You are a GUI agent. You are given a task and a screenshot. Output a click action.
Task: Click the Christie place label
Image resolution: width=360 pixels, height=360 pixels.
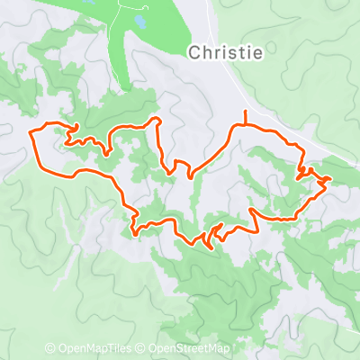[x=226, y=52]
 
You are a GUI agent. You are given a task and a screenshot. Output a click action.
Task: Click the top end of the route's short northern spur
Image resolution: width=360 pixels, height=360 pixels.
[x=245, y=110]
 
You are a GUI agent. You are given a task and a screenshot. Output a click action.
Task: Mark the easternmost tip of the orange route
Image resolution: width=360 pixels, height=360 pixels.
[x=332, y=179]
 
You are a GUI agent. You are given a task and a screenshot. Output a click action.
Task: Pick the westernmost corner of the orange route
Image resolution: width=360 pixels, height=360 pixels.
[x=31, y=134]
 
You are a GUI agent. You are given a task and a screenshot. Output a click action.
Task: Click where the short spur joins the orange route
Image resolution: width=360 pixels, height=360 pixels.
[x=245, y=125]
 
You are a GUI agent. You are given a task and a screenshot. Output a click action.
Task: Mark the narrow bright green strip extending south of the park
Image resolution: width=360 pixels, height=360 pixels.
[x=115, y=63]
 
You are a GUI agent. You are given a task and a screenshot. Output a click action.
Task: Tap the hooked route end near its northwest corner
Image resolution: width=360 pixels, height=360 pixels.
[x=76, y=127]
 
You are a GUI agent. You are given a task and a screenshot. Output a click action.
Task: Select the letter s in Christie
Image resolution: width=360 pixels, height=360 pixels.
[x=232, y=52]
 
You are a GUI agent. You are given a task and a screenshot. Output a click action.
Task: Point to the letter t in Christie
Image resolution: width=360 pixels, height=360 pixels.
[x=240, y=52]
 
